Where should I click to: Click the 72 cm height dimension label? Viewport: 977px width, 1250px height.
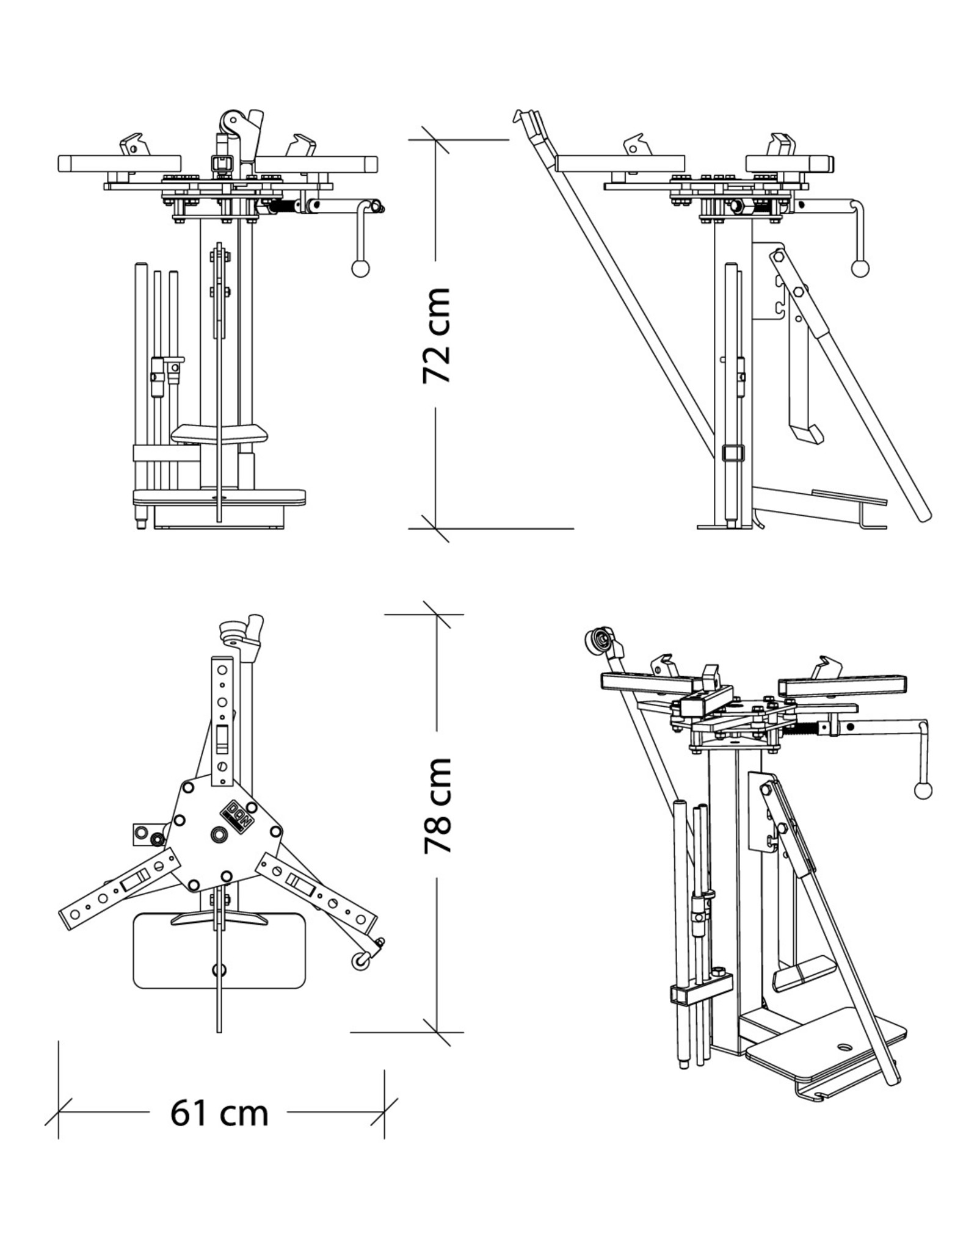(x=437, y=335)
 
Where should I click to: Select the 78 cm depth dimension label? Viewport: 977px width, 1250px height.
(x=437, y=805)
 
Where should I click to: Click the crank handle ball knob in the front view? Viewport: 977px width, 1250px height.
(x=360, y=268)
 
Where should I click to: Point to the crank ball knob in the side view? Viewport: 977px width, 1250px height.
(x=861, y=268)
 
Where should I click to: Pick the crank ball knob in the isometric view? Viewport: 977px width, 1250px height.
(x=923, y=790)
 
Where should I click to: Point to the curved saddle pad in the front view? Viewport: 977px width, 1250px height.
(x=219, y=433)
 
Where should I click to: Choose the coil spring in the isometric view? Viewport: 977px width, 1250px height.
(x=806, y=728)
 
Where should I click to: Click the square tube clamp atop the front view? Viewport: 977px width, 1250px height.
(x=218, y=163)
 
